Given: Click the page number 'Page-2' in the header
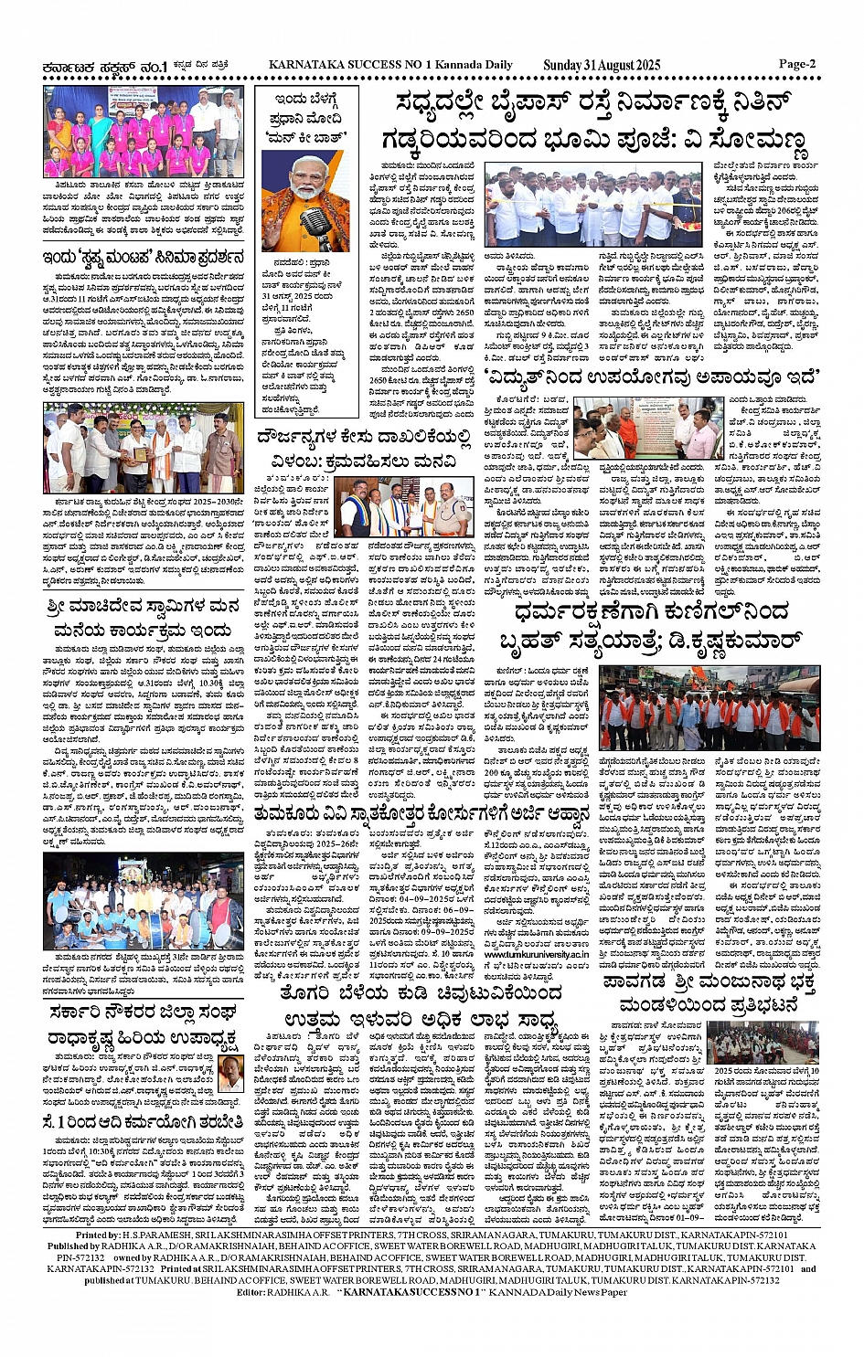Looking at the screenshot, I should pyautogui.click(x=796, y=65).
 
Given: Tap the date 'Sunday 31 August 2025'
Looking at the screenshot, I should pyautogui.click(x=601, y=65).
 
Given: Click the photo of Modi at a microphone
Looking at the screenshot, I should pyautogui.click(x=304, y=201).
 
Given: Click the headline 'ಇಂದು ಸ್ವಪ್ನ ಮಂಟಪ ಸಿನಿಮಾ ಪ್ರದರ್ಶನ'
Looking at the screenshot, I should pyautogui.click(x=143, y=257).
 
